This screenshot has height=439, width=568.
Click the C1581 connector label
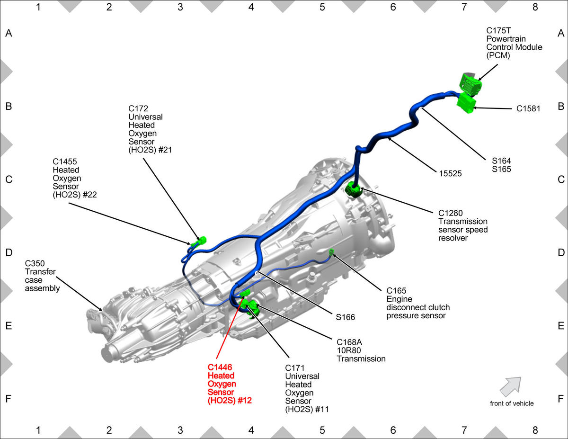528,108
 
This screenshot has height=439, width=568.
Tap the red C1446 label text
220,367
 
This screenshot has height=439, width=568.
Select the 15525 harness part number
450,173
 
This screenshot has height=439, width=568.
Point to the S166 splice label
345,317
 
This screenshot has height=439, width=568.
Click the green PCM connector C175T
470,82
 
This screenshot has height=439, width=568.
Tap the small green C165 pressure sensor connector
331,252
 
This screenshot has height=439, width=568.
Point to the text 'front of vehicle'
512,403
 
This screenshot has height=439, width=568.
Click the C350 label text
35,263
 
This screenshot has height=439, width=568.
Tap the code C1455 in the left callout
64,161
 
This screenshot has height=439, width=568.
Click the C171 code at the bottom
294,368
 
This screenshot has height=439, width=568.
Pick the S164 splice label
501,161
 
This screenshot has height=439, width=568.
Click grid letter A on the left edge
9,33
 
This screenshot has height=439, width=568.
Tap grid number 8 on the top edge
535,7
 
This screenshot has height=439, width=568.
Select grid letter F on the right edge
560,399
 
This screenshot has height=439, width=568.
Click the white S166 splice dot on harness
257,273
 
